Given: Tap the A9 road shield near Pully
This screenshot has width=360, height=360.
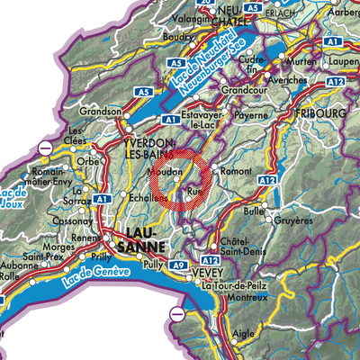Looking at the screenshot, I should (179, 266).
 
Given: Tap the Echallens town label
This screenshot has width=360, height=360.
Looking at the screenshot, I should (119, 197).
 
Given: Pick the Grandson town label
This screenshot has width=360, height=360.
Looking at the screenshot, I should (101, 111).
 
